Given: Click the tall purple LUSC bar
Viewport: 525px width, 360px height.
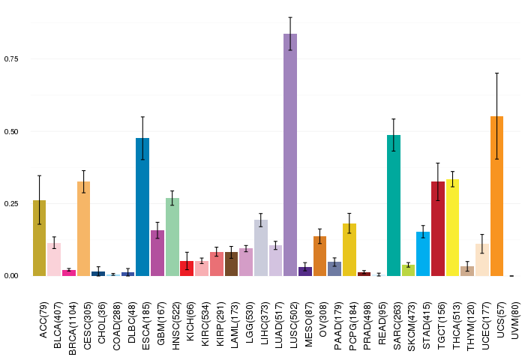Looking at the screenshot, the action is [x=290, y=154].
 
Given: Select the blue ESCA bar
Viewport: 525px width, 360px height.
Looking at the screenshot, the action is [x=142, y=207].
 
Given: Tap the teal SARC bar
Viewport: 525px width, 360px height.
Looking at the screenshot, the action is [x=394, y=205].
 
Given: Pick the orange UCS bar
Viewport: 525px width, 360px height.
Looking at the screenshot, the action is [x=496, y=196].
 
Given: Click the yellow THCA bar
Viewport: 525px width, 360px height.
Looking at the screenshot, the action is [x=453, y=228].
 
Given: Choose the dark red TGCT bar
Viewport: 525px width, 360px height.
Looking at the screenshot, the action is [x=438, y=229].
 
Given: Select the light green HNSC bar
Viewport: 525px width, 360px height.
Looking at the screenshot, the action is [x=172, y=237].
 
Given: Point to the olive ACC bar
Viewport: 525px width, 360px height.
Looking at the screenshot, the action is [x=39, y=238].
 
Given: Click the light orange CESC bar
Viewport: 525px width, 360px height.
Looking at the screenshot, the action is [x=84, y=229].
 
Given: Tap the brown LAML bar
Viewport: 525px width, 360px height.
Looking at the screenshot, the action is [x=231, y=264].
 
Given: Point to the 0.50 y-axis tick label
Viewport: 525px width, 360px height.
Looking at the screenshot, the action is [x=11, y=131].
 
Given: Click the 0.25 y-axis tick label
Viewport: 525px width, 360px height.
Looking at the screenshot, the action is [x=11, y=203].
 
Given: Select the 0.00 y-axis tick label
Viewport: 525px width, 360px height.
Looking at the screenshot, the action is [x=11, y=276].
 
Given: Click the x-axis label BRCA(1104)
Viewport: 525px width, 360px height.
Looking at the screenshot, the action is [x=73, y=328].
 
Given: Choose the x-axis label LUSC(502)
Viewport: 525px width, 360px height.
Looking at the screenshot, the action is [x=294, y=325].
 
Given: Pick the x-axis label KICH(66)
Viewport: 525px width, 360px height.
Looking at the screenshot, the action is [x=190, y=322].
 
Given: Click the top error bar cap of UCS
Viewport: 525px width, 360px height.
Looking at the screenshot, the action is [x=496, y=73].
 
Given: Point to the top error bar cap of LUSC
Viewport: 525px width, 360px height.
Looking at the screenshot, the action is [x=290, y=17].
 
